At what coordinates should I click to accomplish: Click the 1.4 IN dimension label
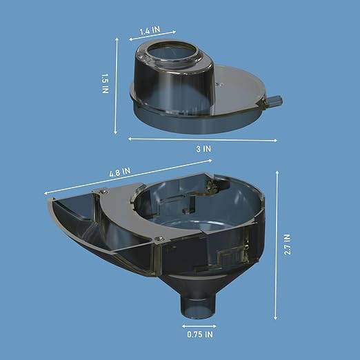[x=150, y=30]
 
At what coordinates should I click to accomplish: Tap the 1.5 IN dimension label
[x=105, y=83]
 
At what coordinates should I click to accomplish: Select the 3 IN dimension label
[x=203, y=149]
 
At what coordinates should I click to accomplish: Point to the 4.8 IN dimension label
[x=120, y=172]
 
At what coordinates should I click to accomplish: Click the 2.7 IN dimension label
[x=288, y=244]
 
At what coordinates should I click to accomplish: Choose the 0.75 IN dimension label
[x=200, y=334]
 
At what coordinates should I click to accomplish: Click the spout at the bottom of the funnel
[x=199, y=306]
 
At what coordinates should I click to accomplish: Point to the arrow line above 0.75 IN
[x=199, y=326]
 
